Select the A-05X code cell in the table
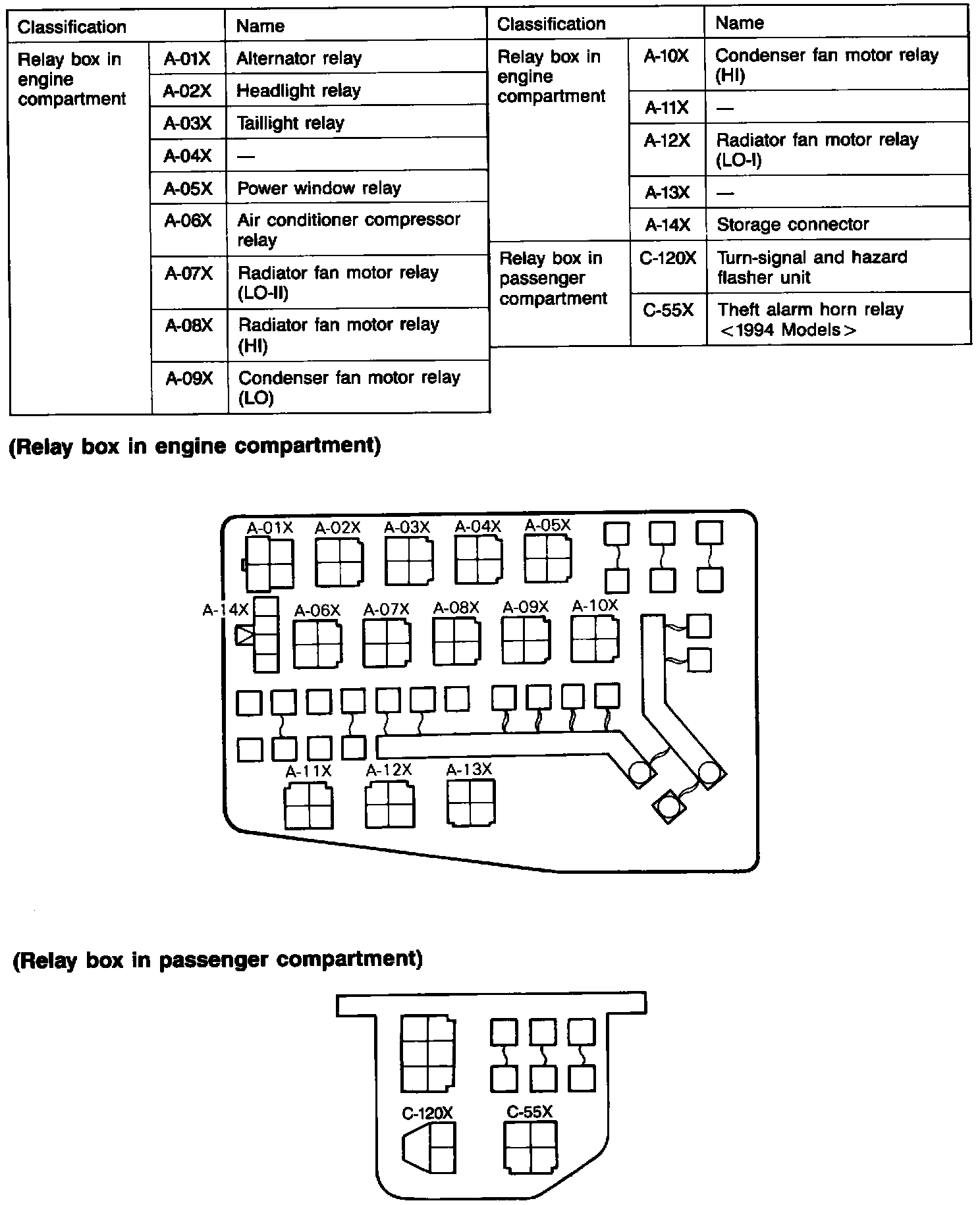pos(188,188)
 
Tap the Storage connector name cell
pos(836,225)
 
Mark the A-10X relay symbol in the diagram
pos(594,639)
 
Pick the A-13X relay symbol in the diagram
pos(470,802)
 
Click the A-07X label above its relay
pos(387,610)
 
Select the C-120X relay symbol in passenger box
pos(429,1148)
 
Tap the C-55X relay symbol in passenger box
pos(530,1148)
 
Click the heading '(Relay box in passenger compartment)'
pos(217,959)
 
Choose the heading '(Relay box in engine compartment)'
pos(195,446)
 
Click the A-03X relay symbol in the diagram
pos(409,562)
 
